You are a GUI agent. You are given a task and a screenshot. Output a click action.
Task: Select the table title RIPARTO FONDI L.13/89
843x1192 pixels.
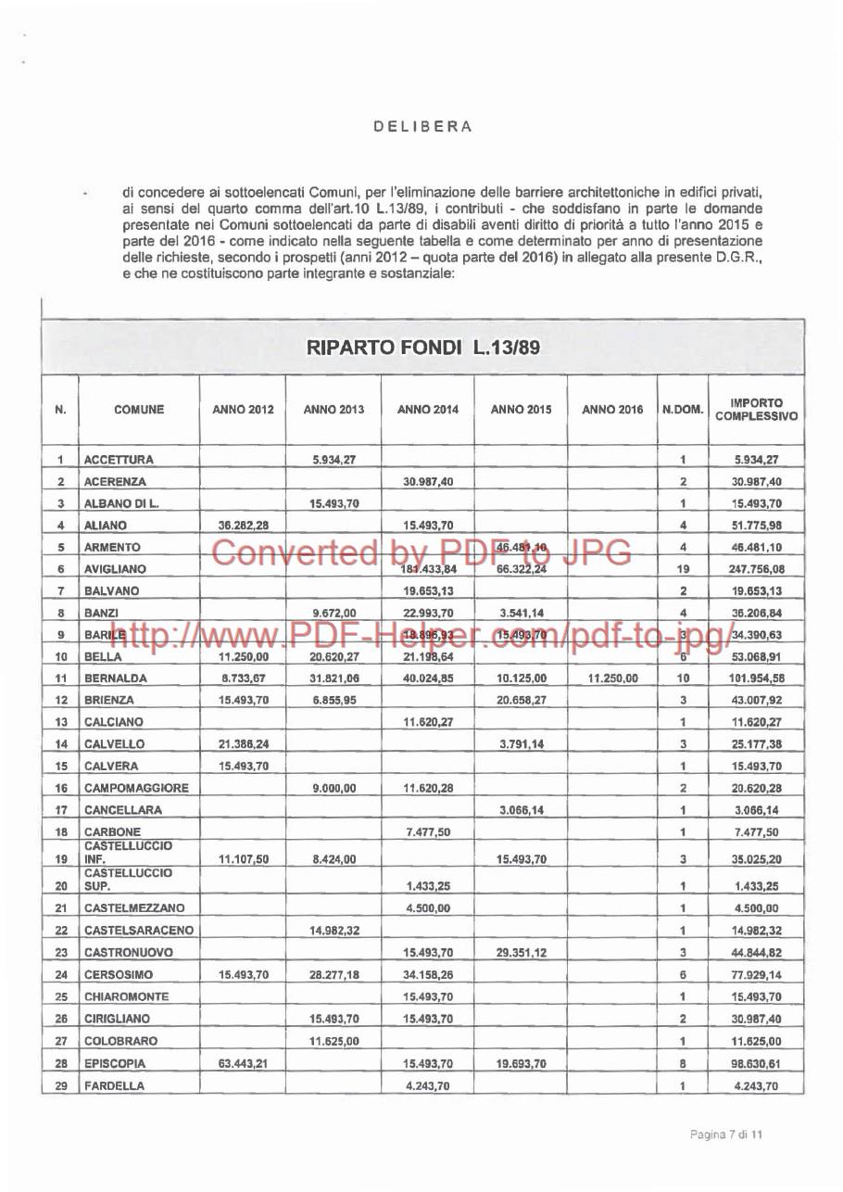[x=423, y=348]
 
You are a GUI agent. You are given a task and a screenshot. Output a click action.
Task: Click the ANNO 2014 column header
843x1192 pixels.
[x=426, y=409]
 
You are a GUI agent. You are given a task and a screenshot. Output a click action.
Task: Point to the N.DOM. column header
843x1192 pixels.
[x=682, y=409]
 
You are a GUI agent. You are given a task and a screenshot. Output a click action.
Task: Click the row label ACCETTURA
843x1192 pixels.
[x=119, y=459]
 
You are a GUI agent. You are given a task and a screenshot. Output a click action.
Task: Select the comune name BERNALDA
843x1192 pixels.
[x=116, y=678]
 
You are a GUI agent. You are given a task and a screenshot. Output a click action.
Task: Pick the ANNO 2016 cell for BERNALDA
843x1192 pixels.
[x=611, y=678]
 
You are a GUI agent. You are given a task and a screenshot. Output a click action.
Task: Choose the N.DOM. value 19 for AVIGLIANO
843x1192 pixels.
[x=683, y=569]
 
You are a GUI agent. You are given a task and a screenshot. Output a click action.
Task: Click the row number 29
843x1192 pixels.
[x=59, y=1085]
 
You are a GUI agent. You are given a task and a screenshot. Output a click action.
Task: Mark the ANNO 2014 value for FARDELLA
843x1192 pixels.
[x=426, y=1086]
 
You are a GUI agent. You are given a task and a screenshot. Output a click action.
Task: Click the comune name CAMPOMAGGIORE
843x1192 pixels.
[x=136, y=788]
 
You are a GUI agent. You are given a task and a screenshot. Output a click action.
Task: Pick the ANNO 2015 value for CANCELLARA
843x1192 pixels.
[x=519, y=810]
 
